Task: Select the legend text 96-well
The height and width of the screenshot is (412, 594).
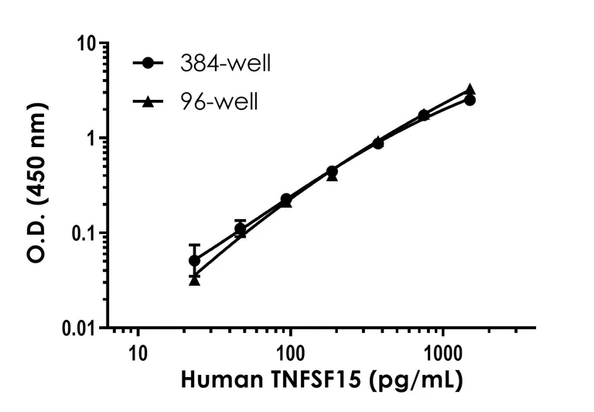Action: click(219, 101)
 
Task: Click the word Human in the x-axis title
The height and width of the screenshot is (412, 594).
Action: click(214, 382)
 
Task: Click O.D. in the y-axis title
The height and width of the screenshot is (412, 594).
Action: click(36, 241)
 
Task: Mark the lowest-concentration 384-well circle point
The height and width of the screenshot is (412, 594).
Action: click(194, 260)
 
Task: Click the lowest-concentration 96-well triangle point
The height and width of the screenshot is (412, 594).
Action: click(194, 280)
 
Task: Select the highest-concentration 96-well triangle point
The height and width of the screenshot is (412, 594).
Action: click(469, 90)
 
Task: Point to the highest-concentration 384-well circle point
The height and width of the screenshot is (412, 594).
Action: click(469, 101)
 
